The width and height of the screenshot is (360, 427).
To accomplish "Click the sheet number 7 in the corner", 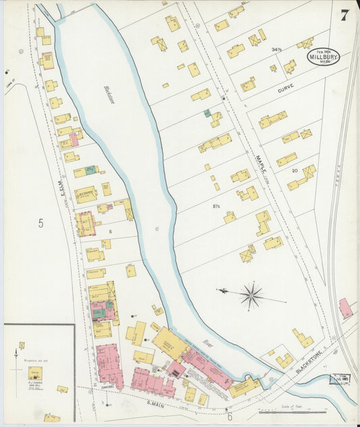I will click(344, 16).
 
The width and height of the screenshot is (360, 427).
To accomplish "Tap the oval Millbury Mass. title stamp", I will click(324, 57).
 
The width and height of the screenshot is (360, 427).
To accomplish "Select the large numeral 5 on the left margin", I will click(41, 224).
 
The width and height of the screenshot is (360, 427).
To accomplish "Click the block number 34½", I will click(276, 50).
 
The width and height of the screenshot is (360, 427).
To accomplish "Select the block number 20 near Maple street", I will click(294, 171).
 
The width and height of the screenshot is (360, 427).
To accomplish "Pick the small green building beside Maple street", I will click(207, 114).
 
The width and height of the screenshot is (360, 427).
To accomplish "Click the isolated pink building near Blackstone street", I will click(345, 308).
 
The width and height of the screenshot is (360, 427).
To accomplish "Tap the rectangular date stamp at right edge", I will click(340, 380).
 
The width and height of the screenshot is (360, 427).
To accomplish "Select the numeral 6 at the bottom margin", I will click(229, 418).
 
